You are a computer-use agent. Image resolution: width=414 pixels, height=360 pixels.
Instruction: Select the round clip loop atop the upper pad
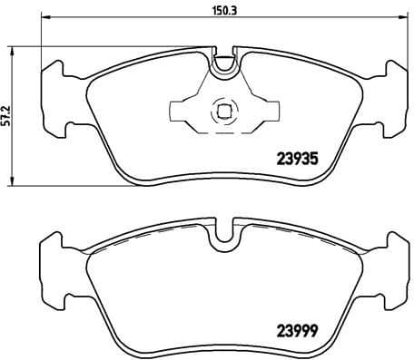[223, 65]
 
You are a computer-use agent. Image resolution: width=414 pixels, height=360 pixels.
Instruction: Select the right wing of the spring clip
[262, 112]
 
